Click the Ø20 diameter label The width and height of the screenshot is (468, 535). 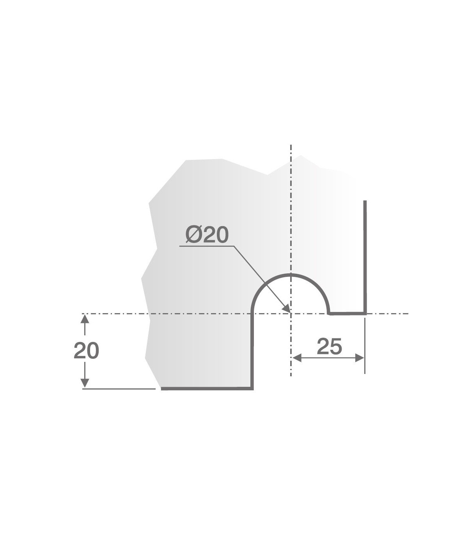[207, 235]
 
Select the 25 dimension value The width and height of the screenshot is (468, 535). [329, 346]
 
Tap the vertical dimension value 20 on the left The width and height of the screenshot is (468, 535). [86, 351]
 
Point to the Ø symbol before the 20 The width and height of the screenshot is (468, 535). [193, 235]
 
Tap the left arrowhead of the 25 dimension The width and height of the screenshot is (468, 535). [296, 358]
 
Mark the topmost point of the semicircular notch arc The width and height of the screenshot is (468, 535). [291, 275]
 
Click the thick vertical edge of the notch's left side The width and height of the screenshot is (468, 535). [252, 351]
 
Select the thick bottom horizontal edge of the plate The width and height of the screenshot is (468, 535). [207, 388]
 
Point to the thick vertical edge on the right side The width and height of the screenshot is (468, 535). [365, 257]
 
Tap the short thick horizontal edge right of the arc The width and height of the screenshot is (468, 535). [347, 313]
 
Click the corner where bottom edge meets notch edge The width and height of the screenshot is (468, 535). [252, 388]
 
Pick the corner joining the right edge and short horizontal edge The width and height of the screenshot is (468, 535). [365, 313]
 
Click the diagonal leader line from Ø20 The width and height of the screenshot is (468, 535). [261, 278]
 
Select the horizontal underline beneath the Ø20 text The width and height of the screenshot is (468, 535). [207, 246]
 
